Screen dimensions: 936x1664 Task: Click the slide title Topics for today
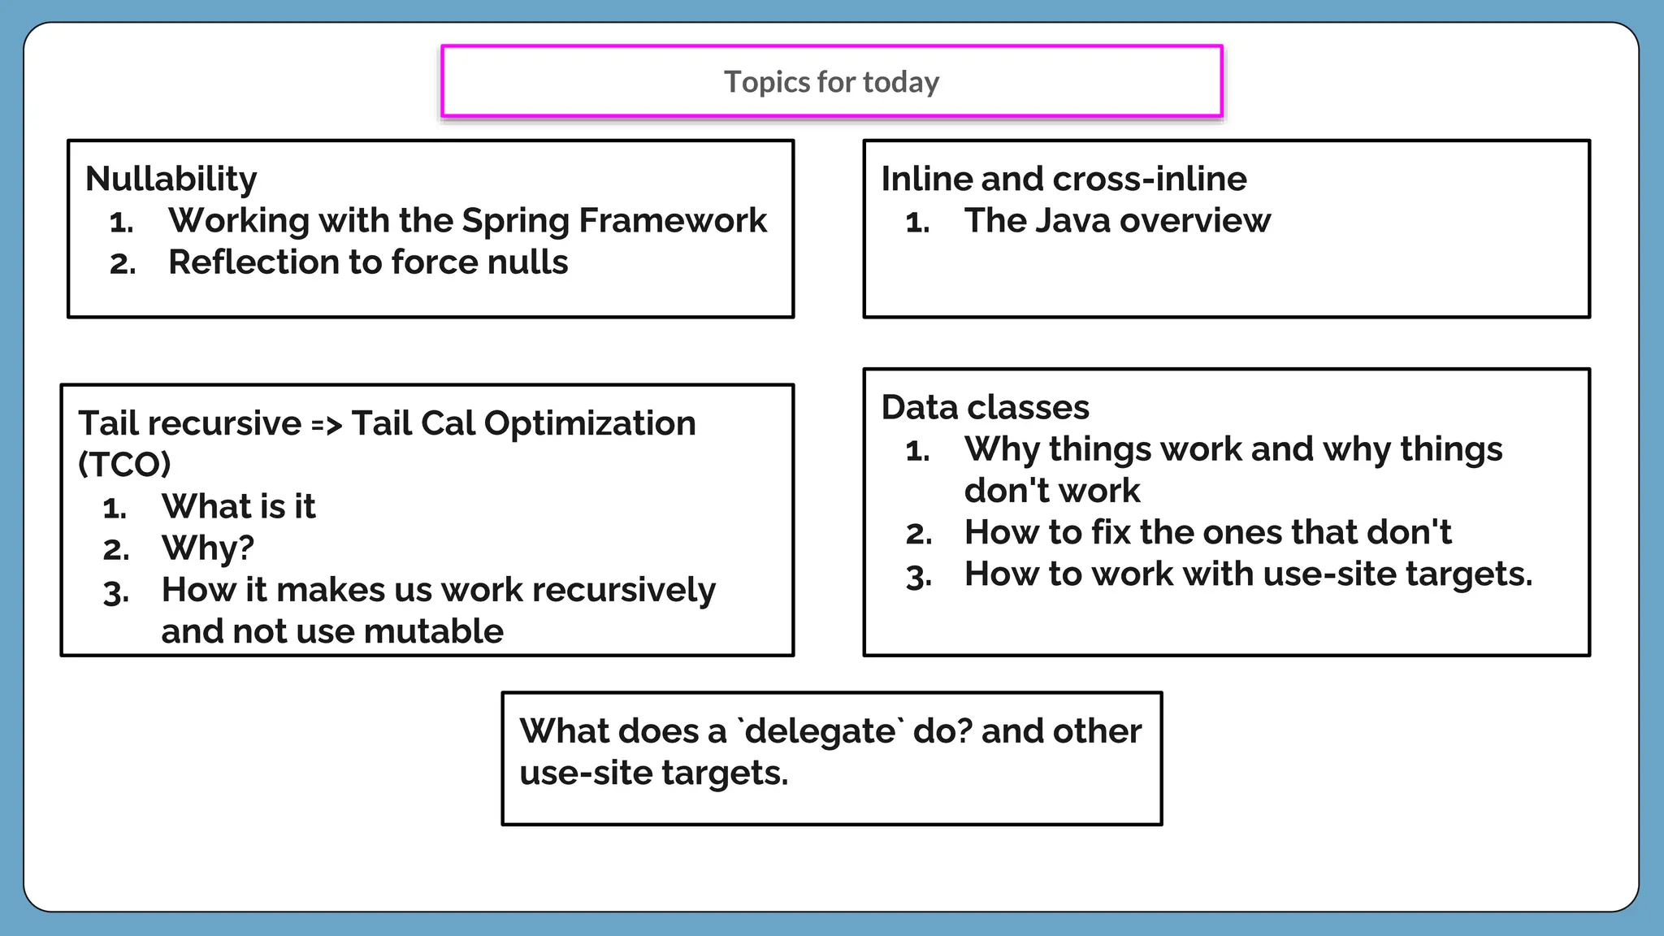(x=831, y=82)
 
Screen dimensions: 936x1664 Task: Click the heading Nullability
(x=171, y=179)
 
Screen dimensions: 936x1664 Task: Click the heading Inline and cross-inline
(x=1064, y=179)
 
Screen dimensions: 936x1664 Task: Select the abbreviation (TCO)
(x=124, y=465)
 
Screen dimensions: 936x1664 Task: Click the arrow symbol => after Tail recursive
(x=326, y=424)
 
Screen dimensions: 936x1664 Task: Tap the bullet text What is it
(x=238, y=506)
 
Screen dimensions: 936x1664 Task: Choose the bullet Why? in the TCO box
(x=208, y=548)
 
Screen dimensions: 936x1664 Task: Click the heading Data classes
(x=985, y=407)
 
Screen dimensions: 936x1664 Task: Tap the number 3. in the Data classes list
(x=919, y=576)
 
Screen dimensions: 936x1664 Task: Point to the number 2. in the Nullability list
(x=123, y=264)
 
